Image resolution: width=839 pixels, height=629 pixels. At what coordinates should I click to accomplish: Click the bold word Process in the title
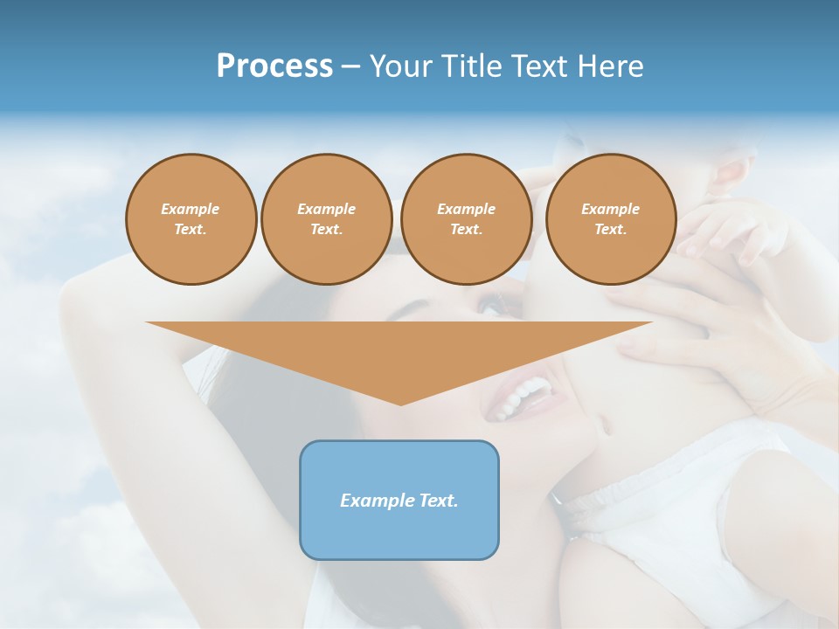tap(274, 66)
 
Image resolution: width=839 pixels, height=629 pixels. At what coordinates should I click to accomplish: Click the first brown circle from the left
tap(191, 219)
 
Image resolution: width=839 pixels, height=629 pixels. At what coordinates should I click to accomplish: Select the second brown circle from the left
tap(326, 219)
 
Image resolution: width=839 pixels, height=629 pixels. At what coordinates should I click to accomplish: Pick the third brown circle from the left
tap(466, 219)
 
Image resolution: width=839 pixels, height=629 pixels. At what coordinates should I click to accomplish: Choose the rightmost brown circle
tap(611, 219)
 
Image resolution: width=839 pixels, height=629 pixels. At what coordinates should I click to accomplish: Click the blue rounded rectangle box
tap(399, 500)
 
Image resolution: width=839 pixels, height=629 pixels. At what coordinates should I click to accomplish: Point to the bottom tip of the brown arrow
tap(400, 403)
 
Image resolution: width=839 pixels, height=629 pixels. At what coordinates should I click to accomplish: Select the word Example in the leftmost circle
tap(191, 209)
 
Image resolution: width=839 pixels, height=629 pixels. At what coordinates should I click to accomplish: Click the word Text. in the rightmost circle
tap(611, 229)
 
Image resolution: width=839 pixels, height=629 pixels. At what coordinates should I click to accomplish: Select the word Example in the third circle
tap(466, 209)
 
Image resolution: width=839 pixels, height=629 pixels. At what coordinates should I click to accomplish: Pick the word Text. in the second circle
tap(326, 229)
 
